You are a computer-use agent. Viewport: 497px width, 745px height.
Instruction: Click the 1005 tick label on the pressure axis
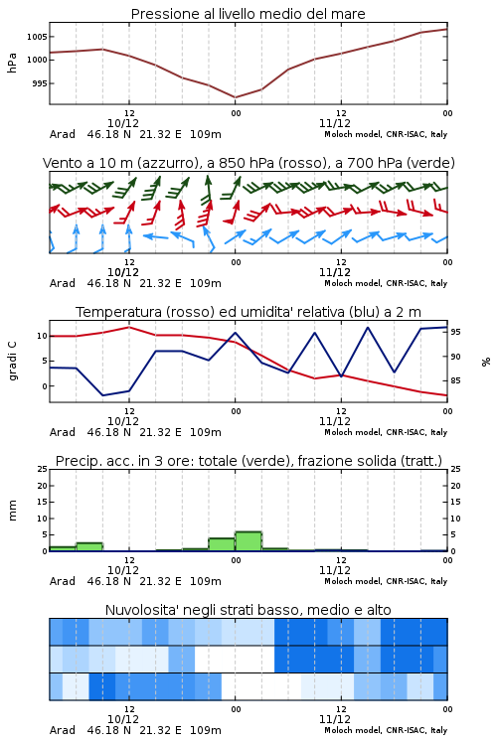(37, 37)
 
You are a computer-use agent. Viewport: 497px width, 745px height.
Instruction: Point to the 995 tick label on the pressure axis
(39, 83)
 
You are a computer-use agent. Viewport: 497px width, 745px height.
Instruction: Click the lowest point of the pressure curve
(235, 97)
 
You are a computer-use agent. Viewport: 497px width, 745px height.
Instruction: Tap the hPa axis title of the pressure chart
(12, 63)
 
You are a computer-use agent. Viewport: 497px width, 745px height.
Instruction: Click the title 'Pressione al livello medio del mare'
(248, 14)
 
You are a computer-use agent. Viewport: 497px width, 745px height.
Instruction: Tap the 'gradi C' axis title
(12, 362)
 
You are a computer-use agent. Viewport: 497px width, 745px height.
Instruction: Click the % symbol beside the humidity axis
(486, 362)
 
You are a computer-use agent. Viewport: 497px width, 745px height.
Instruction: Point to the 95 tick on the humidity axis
(455, 332)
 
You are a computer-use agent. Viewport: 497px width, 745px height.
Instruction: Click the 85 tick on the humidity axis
(455, 380)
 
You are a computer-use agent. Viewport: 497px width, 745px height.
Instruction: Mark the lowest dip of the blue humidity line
(102, 395)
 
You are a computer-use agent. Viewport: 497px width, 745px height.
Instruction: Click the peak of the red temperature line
(129, 327)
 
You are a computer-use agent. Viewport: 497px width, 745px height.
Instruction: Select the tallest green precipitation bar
(248, 541)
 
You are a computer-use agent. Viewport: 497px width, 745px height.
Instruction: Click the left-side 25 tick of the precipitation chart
(43, 469)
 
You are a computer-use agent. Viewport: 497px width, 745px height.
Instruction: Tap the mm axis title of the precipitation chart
(12, 511)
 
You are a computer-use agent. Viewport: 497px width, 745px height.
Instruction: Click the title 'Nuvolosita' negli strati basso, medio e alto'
(248, 610)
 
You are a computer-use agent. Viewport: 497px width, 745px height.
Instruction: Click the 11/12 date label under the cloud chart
(335, 719)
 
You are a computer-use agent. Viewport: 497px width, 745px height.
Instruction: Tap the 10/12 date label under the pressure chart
(123, 123)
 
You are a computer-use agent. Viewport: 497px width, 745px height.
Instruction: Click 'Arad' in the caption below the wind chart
(63, 283)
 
